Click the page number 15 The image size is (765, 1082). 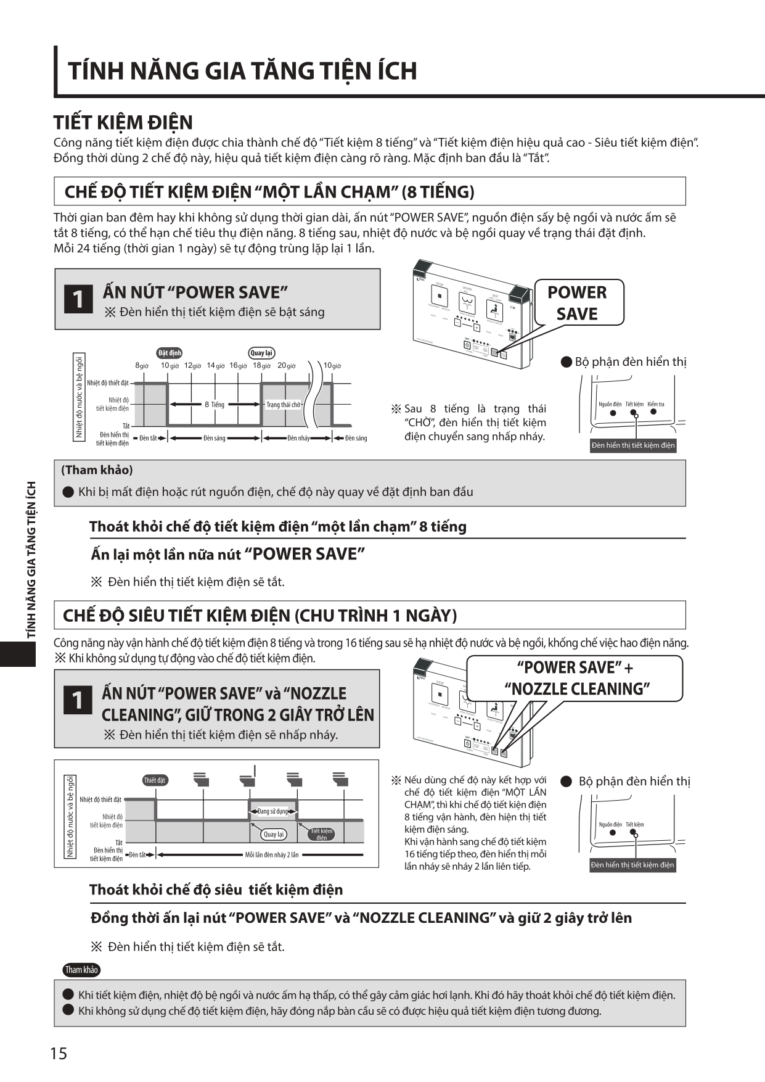[59, 1053]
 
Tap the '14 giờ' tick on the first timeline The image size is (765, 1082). [215, 366]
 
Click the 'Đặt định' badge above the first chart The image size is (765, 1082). [170, 353]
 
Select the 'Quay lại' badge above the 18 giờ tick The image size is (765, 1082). [261, 353]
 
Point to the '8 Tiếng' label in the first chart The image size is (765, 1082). [215, 405]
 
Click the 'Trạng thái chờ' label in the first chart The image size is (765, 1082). [283, 405]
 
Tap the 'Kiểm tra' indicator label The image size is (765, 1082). [655, 405]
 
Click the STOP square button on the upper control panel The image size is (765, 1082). [440, 296]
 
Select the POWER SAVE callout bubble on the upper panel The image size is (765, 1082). [577, 303]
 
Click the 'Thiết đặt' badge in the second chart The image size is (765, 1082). [155, 780]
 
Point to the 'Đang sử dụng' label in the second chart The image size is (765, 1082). [272, 811]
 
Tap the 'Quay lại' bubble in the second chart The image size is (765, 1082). [274, 834]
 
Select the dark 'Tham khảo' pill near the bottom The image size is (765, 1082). [81, 970]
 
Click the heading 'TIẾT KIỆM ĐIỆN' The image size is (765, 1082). [123, 122]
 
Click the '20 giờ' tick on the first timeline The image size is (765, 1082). [286, 366]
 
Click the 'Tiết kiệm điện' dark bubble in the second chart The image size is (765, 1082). [322, 834]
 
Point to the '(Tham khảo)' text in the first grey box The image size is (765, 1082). [97, 470]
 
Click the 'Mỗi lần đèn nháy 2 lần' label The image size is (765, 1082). [271, 855]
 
